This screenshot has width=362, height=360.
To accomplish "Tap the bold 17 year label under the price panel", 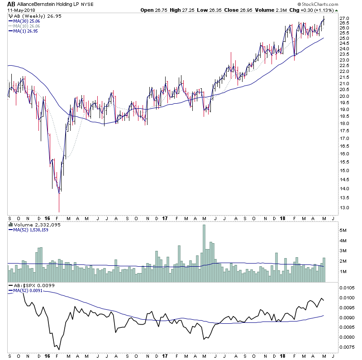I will pyautogui.click(x=164, y=218).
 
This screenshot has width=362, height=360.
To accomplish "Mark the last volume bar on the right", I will pyautogui.click(x=324, y=270).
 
